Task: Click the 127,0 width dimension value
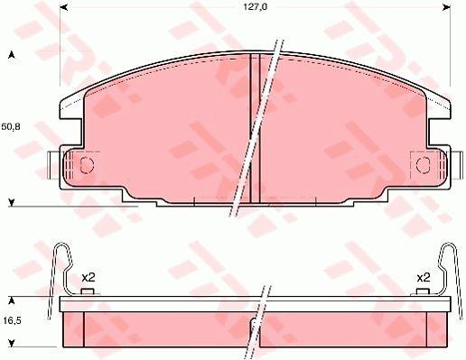tap(255, 7)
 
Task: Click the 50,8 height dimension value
tap(11, 126)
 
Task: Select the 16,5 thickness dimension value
tap(13, 320)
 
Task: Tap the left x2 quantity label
tap(89, 278)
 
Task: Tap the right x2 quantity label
tap(424, 278)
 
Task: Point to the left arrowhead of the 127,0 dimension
tap(64, 7)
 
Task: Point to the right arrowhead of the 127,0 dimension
tap(446, 7)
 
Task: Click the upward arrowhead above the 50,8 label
tap(12, 55)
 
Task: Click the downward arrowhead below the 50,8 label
tap(12, 203)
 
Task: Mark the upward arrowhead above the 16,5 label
tap(12, 300)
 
